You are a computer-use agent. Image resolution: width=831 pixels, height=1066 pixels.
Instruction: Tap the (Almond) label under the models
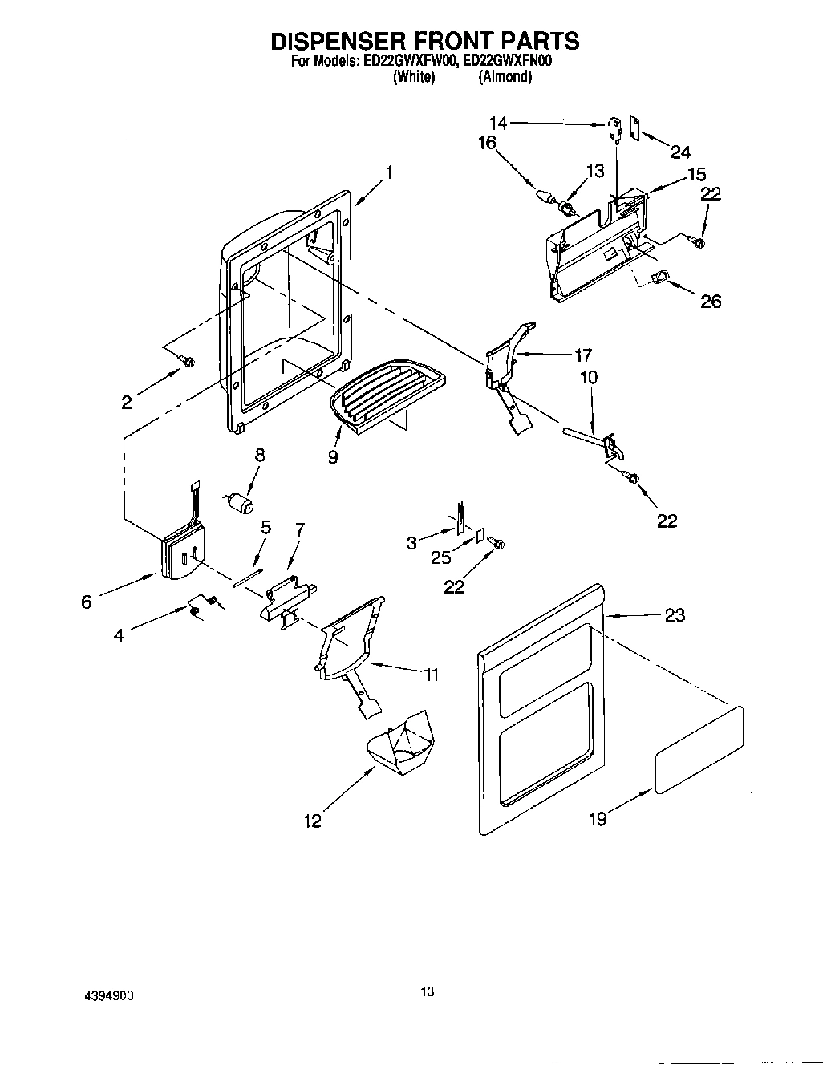click(505, 77)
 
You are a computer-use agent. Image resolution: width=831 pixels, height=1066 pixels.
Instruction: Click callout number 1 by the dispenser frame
click(389, 172)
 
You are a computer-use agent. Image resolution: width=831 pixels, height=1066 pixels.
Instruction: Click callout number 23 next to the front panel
click(675, 615)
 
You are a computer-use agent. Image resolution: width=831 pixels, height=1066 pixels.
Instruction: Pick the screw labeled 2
click(188, 362)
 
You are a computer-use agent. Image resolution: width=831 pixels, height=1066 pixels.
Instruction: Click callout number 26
click(711, 301)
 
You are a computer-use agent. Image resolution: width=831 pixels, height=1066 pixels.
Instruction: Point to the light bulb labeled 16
click(545, 196)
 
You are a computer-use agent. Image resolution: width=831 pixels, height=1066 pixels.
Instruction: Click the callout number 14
click(498, 123)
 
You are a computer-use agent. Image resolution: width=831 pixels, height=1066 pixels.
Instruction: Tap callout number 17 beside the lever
click(582, 355)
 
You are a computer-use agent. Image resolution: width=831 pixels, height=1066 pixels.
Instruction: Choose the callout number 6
click(86, 601)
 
